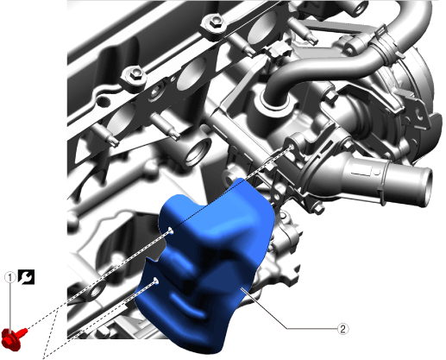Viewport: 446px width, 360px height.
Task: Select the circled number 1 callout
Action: (10, 278)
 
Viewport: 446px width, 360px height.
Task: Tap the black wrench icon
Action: (26, 277)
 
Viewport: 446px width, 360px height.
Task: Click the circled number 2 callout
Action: (342, 329)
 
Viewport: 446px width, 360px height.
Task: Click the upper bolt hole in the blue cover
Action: (170, 231)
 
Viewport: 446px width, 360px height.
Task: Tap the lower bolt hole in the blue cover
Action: (156, 281)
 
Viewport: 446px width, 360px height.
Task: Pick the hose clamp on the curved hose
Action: (386, 43)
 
